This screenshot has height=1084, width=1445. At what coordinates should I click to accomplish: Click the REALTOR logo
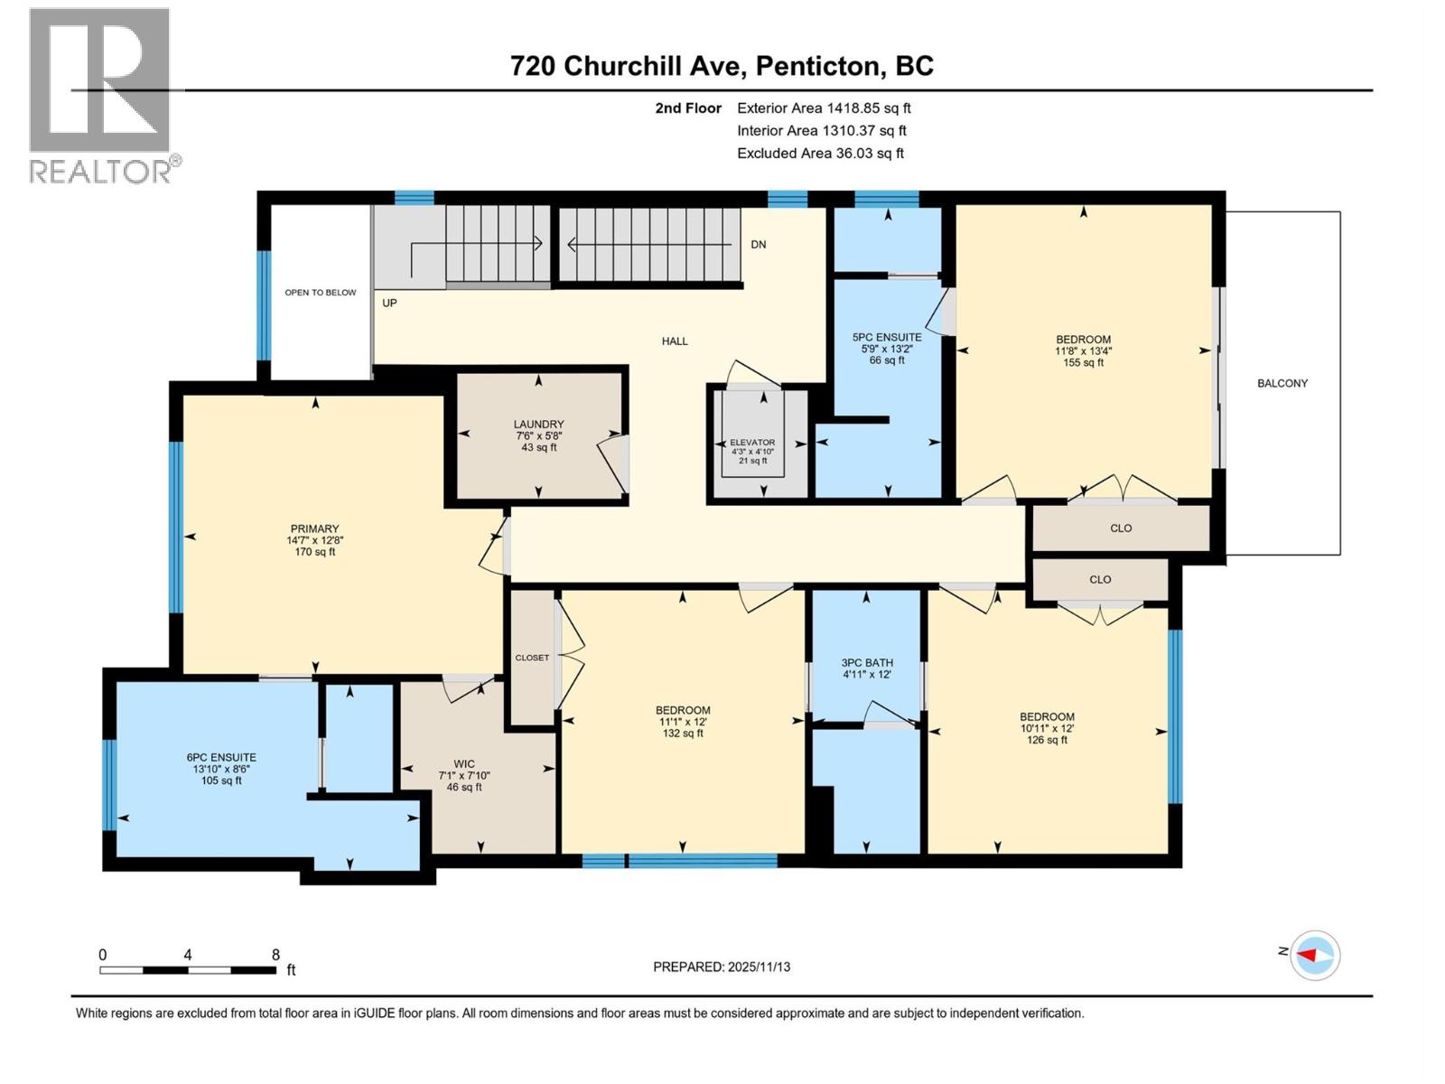point(99,95)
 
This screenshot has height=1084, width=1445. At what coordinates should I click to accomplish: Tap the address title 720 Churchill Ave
point(721,66)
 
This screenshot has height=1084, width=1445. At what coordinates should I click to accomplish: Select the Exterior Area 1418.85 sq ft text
point(823,107)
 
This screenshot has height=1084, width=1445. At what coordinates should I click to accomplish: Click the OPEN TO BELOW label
point(320,293)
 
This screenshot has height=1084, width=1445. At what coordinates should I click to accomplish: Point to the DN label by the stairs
point(758,244)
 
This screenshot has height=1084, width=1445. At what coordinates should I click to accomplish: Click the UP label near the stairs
point(389,303)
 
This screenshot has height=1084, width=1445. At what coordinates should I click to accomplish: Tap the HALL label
point(674,341)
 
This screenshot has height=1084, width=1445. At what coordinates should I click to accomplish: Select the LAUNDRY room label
point(538,425)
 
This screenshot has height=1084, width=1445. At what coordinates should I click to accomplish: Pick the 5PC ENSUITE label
point(886,337)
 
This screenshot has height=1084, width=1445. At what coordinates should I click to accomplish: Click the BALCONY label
point(1282,383)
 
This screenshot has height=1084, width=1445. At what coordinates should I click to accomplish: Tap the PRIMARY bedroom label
point(314,528)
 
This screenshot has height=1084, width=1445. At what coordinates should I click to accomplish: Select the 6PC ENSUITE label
point(221,758)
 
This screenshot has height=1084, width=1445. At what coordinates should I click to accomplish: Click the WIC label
point(464,764)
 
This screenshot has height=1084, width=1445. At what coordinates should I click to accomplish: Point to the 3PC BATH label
point(866,663)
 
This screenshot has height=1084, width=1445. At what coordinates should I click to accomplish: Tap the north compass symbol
point(1314,955)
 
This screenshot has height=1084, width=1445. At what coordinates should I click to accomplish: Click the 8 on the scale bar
point(275,955)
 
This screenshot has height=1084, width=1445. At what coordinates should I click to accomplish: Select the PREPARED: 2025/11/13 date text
point(721,967)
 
